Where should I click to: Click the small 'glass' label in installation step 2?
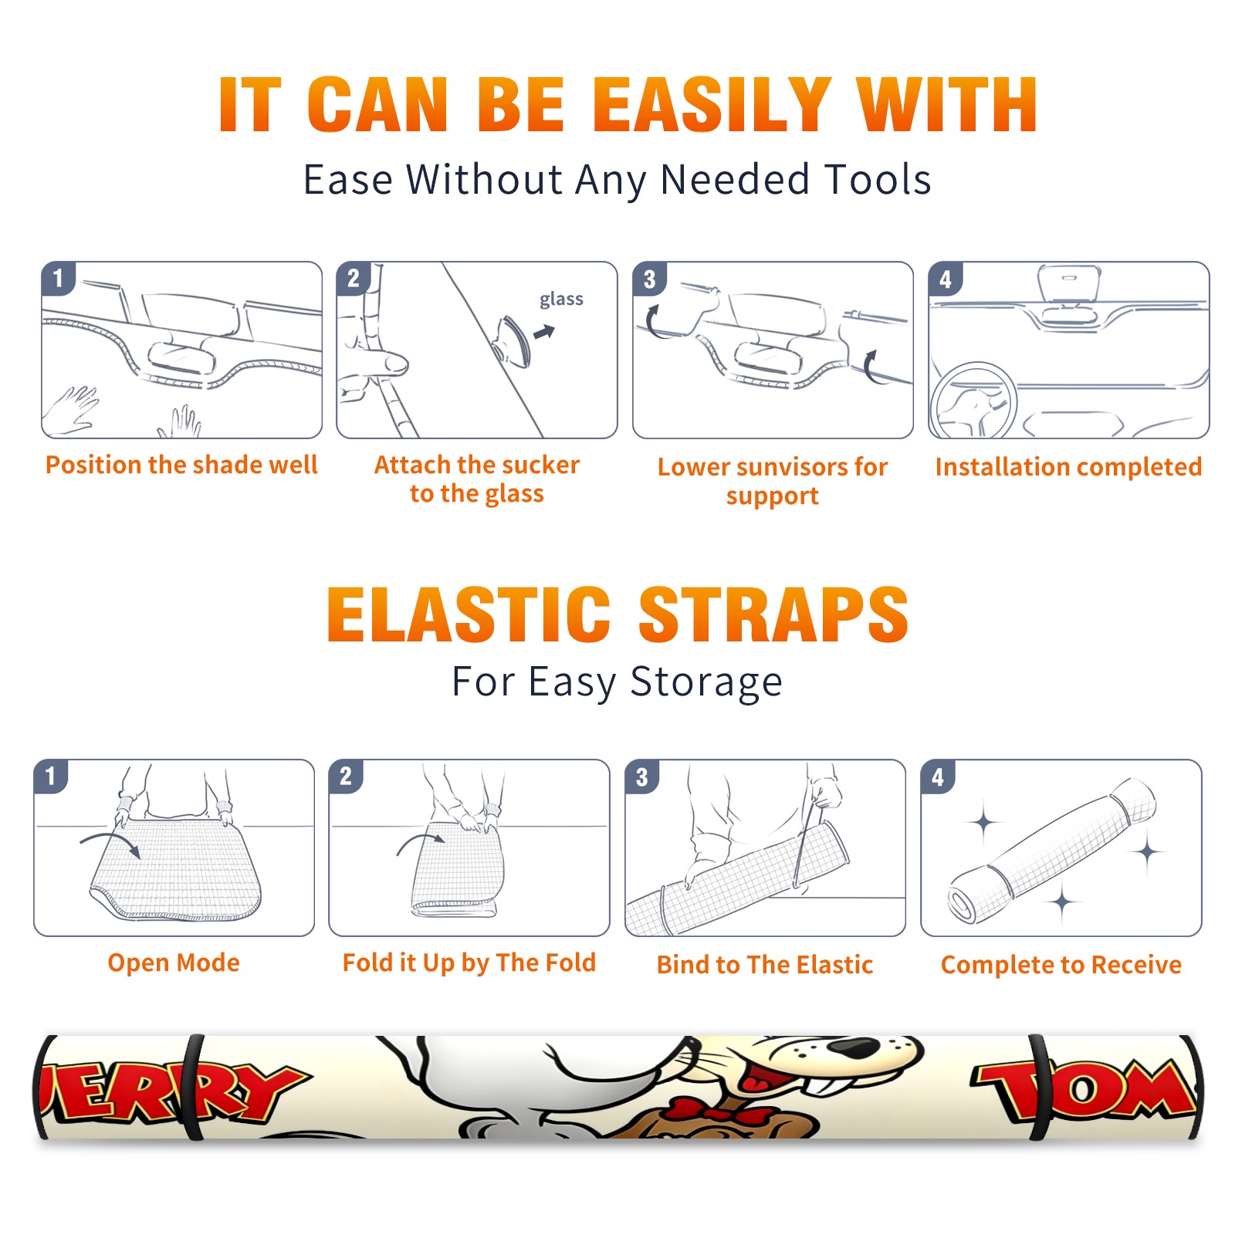pos(561,299)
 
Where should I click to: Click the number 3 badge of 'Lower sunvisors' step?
pos(648,279)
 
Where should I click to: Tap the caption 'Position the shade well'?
pos(181,465)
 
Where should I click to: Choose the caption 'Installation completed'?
pos(1068,467)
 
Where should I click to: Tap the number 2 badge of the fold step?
pos(345,776)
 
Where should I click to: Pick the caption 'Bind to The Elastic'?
pos(765,965)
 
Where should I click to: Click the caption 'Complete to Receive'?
pos(1061,965)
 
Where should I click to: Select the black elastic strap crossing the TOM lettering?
pos(1039,1088)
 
